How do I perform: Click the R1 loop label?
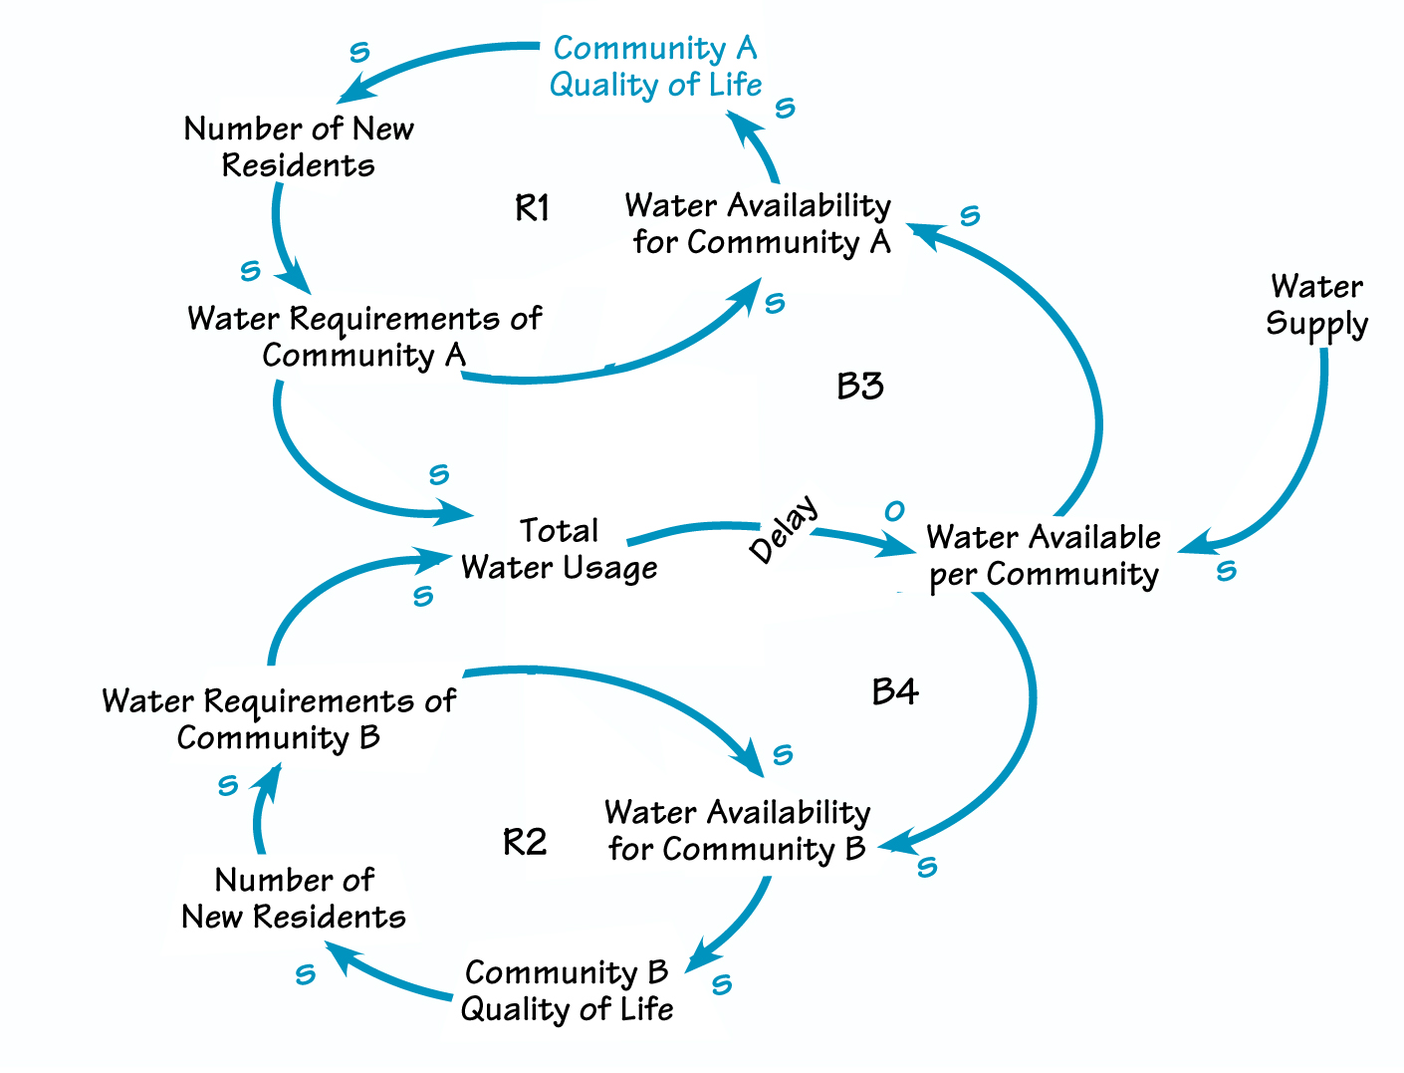pyautogui.click(x=532, y=208)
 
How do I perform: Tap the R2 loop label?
pyautogui.click(x=525, y=843)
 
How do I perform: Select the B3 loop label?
pyautogui.click(x=860, y=386)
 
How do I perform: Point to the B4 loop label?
pyautogui.click(x=894, y=691)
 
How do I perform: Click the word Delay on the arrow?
pyautogui.click(x=785, y=528)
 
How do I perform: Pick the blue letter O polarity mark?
pyautogui.click(x=894, y=511)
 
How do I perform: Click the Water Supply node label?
pyautogui.click(x=1316, y=306)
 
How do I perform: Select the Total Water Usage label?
pyautogui.click(x=559, y=549)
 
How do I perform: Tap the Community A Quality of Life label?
pyautogui.click(x=655, y=67)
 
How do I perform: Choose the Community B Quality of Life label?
pyautogui.click(x=567, y=990)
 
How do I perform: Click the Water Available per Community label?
pyautogui.click(x=1044, y=556)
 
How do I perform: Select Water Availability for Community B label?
pyautogui.click(x=737, y=830)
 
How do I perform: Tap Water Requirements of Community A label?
pyautogui.click(x=363, y=337)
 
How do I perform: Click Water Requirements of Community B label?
pyautogui.click(x=279, y=719)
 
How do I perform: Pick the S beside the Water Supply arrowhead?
pyautogui.click(x=1226, y=571)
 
